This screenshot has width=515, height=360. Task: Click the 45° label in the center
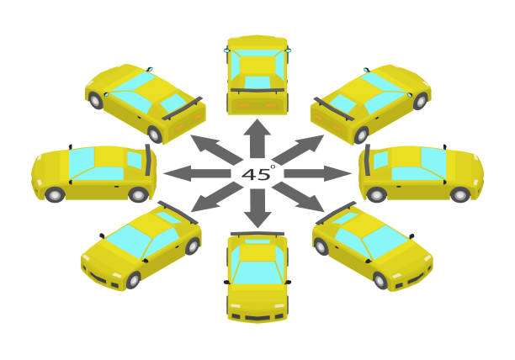click(x=258, y=173)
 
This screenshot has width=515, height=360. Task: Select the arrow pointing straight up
click(x=257, y=139)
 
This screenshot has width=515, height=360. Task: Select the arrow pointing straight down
click(x=257, y=208)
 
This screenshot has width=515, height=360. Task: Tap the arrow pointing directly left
click(x=197, y=173)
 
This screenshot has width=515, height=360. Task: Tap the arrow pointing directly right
click(x=318, y=173)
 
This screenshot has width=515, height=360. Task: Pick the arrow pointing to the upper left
click(x=217, y=150)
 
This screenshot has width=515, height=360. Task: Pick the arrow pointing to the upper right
click(x=298, y=150)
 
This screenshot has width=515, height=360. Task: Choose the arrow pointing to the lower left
click(x=217, y=197)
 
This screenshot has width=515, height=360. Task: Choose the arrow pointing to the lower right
click(x=298, y=197)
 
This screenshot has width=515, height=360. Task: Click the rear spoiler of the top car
click(x=257, y=90)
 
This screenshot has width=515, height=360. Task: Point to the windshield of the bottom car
click(x=257, y=273)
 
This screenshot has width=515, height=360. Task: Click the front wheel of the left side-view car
click(x=55, y=195)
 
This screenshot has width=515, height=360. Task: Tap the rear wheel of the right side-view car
click(x=376, y=194)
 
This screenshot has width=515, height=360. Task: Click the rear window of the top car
click(x=257, y=82)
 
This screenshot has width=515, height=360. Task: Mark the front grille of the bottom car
click(x=257, y=318)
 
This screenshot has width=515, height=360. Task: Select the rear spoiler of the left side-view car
click(x=148, y=160)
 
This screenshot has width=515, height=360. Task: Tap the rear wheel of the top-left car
click(x=154, y=134)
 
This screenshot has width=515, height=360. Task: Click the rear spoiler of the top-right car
click(x=334, y=109)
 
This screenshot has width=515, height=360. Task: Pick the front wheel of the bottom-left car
click(x=133, y=280)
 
